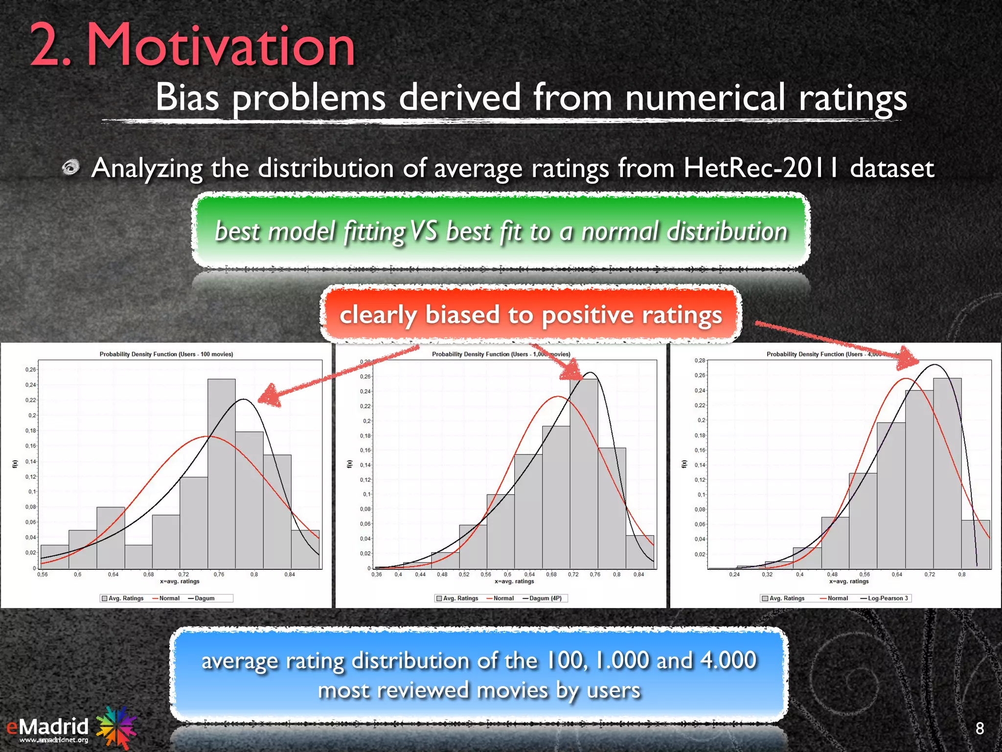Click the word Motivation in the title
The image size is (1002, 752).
click(x=220, y=47)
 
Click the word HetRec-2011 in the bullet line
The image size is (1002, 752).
click(x=761, y=168)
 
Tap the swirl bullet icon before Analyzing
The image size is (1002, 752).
click(x=71, y=168)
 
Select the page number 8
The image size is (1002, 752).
click(x=979, y=728)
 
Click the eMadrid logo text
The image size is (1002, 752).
click(x=48, y=727)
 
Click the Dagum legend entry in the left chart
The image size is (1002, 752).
click(x=205, y=598)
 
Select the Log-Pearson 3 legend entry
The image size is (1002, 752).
click(x=888, y=598)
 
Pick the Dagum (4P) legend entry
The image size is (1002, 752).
click(x=545, y=598)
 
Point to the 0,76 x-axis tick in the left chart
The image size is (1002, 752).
click(x=219, y=574)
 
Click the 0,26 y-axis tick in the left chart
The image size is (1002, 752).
click(x=30, y=370)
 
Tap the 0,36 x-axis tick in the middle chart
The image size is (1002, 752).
click(x=377, y=574)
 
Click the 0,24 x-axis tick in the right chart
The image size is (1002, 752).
click(x=734, y=574)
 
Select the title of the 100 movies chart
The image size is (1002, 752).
click(x=166, y=354)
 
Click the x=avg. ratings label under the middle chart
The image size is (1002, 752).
click(x=514, y=582)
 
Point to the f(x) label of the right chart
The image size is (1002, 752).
click(x=684, y=464)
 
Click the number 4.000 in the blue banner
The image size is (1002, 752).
click(x=728, y=660)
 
